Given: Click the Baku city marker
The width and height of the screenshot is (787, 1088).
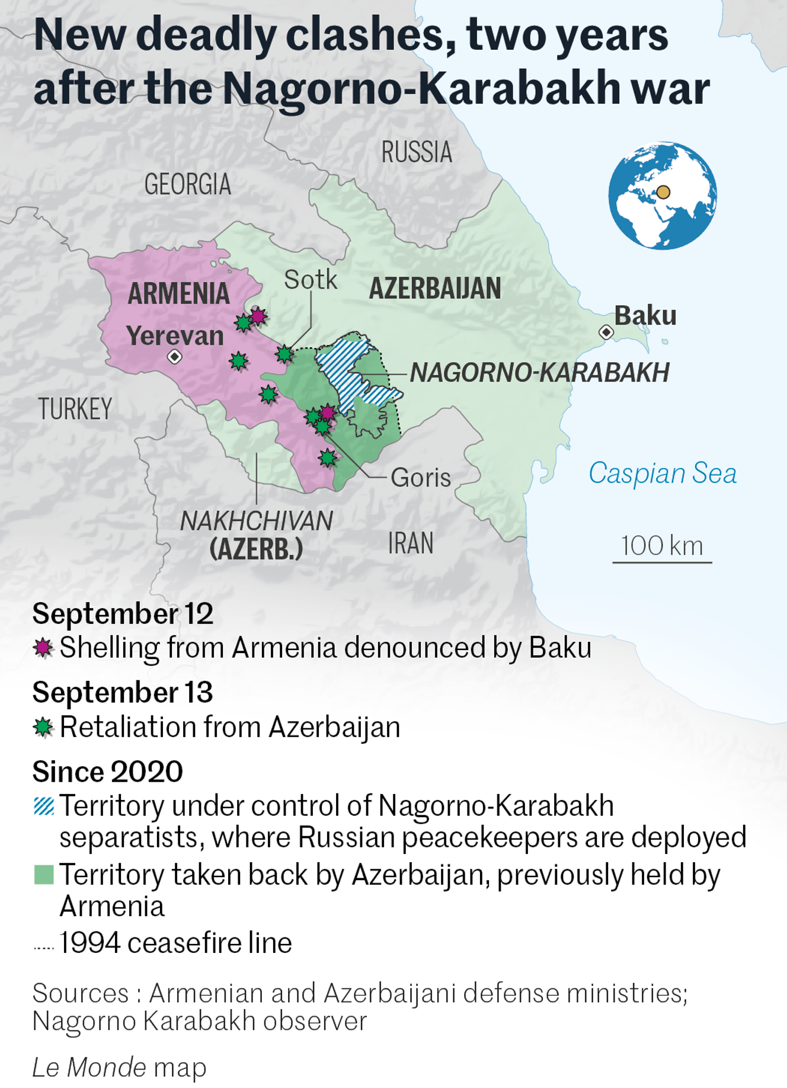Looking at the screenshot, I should (x=606, y=332).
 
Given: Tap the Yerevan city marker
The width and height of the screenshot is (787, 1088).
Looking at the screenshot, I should (x=174, y=357).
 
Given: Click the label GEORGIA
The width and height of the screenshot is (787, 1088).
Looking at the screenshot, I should (x=187, y=184).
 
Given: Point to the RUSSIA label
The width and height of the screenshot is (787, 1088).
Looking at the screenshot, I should (x=417, y=152).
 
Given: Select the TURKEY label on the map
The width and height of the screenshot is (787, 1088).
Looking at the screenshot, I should (x=75, y=409).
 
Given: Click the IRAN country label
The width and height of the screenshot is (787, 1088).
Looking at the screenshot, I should (x=411, y=543).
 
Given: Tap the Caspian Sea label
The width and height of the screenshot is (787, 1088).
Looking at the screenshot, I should (x=662, y=473).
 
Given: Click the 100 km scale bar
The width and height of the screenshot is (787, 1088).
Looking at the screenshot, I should (x=662, y=561).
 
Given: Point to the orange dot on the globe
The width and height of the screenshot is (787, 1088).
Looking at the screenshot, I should (x=663, y=192).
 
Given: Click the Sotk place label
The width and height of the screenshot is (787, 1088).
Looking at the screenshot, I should (x=311, y=280).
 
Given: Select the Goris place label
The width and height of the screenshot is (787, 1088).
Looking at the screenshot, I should (x=421, y=478).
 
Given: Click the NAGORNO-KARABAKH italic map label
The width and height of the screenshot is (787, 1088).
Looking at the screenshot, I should (x=539, y=373).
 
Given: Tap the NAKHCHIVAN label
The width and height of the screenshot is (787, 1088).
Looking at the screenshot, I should (x=256, y=521).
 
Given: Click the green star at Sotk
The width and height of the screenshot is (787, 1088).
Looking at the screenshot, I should (x=284, y=354).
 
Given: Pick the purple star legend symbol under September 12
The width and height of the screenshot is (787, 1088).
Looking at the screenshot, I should (x=43, y=648).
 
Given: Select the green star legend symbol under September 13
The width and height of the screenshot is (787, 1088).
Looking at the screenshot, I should (x=43, y=727).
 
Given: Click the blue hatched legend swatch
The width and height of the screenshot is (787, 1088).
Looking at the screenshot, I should (x=44, y=806).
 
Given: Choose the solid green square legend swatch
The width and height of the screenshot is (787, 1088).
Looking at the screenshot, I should (x=44, y=875).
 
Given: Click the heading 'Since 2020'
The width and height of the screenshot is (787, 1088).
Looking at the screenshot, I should (x=107, y=772).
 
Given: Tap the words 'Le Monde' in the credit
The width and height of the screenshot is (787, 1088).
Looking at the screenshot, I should (x=89, y=1067).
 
